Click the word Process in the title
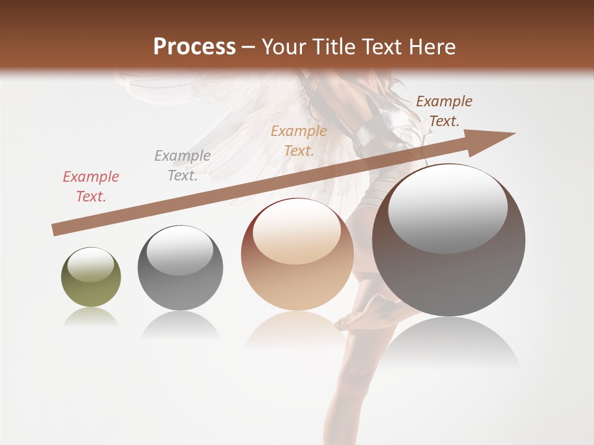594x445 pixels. click(x=194, y=47)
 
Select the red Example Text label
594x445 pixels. click(x=91, y=187)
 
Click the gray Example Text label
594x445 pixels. click(x=183, y=166)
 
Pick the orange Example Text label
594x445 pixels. click(x=299, y=141)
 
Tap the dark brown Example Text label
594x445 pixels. click(x=444, y=111)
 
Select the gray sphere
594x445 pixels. click(x=180, y=268)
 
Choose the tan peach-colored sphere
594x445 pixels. click(x=297, y=255)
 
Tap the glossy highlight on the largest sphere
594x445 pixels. click(x=447, y=208)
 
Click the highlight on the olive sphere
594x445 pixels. click(x=90, y=265)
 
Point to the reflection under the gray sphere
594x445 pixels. click(x=180, y=324)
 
